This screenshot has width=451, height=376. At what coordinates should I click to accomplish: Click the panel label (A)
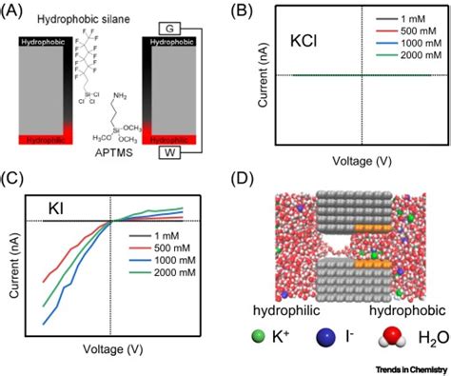coord(15,10)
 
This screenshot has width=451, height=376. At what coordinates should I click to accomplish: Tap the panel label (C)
coord(15,178)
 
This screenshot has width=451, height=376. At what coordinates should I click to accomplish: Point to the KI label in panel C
coord(61,207)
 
